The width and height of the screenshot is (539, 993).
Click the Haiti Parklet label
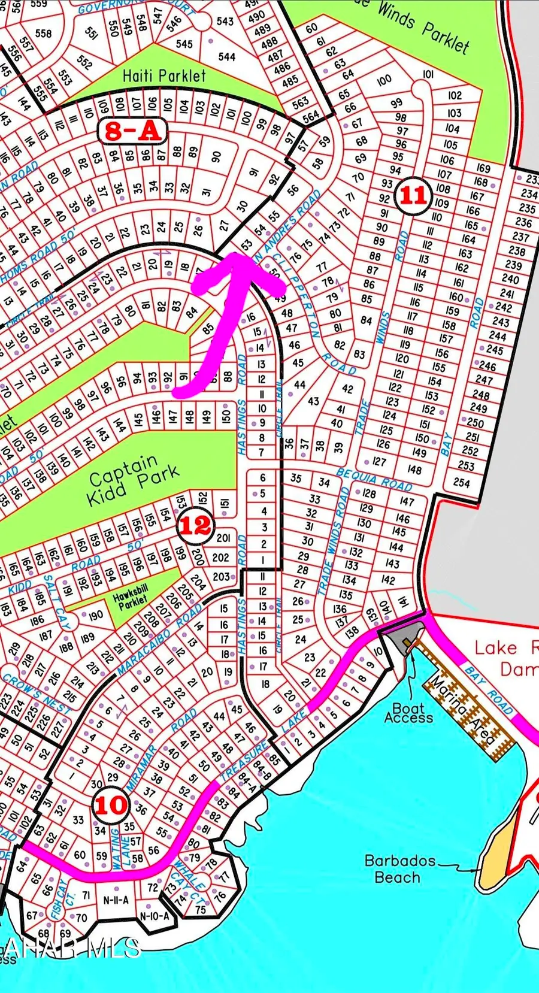(163, 76)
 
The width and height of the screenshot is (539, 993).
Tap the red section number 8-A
(132, 131)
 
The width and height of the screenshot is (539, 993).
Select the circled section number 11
(413, 195)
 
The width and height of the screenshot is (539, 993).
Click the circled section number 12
(195, 525)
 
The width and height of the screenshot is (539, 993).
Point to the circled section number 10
(111, 805)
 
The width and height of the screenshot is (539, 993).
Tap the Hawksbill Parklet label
(132, 597)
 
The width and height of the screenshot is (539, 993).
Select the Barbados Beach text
(399, 869)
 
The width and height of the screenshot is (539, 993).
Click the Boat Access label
(408, 713)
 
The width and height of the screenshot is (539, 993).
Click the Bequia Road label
(374, 479)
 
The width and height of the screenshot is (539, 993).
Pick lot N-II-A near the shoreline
(116, 900)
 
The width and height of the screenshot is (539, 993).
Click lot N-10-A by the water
(155, 916)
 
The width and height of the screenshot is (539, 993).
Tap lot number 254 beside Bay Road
(461, 482)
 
